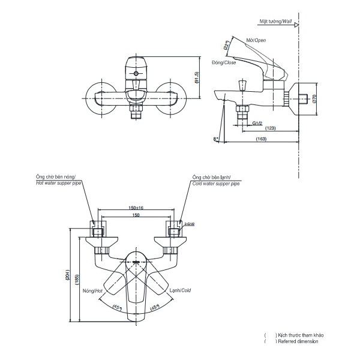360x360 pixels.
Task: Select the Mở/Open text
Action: pyautogui.click(x=257, y=40)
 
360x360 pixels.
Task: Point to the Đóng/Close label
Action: pyautogui.click(x=224, y=62)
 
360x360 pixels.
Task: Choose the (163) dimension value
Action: pyautogui.click(x=262, y=139)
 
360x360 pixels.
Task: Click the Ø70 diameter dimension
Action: pyautogui.click(x=314, y=100)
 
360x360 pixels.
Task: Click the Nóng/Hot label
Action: pyautogui.click(x=94, y=289)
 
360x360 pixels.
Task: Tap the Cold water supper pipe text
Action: pyautogui.click(x=216, y=183)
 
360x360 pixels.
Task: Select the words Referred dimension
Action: pyautogui.click(x=298, y=341)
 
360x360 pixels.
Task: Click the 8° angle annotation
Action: pyautogui.click(x=215, y=139)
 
